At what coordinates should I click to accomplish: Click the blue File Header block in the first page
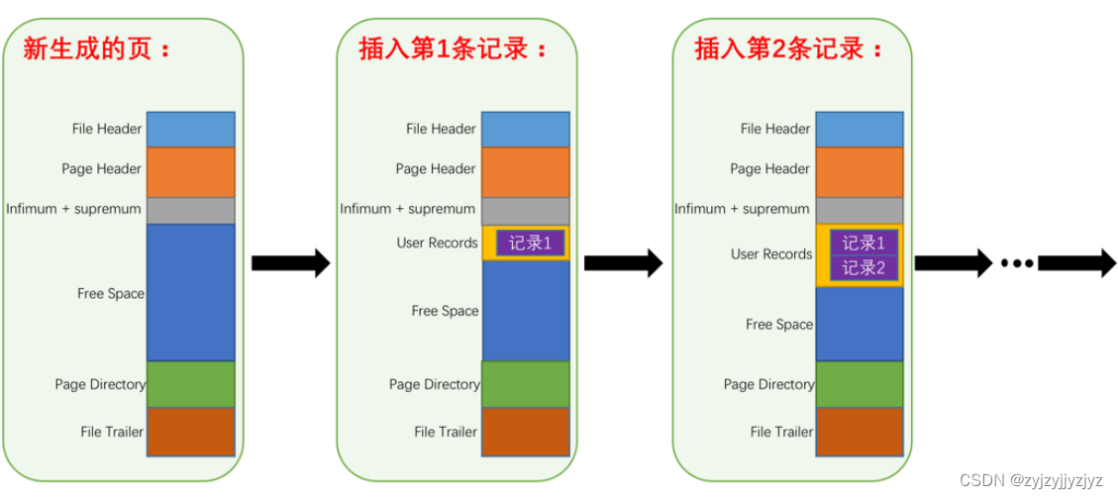(190, 129)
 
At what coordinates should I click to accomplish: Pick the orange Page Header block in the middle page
(525, 170)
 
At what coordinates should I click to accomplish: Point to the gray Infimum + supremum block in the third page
(860, 210)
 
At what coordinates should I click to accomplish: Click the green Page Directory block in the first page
(190, 384)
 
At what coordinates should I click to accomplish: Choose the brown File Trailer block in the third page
(860, 432)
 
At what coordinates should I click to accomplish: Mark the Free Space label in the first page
(111, 294)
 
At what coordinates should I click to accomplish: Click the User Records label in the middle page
(437, 243)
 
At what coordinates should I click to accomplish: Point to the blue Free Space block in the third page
(860, 323)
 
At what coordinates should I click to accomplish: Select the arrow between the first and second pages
(289, 263)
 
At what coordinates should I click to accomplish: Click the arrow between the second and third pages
(622, 263)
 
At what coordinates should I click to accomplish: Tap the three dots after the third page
(1016, 263)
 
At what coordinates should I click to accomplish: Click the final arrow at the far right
(1076, 263)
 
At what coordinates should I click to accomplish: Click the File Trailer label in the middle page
(446, 432)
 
